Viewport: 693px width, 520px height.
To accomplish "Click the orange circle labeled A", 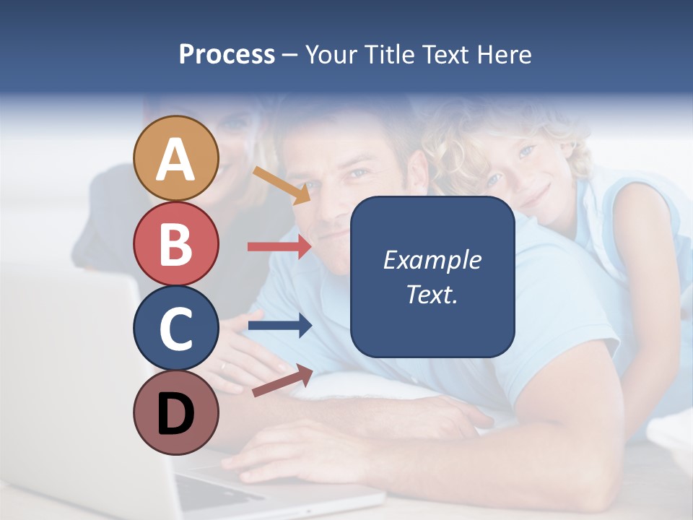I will click(x=176, y=158).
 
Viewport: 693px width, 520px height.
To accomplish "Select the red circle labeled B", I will click(x=176, y=243).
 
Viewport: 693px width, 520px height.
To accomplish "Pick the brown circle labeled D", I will click(x=176, y=412).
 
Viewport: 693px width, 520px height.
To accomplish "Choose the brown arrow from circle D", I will click(x=282, y=380).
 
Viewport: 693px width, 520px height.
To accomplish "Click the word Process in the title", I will click(x=227, y=54).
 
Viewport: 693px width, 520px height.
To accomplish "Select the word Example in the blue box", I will click(x=432, y=260).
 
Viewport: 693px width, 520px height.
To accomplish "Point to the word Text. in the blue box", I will click(x=432, y=294).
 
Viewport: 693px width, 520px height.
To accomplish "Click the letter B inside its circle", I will click(x=176, y=244).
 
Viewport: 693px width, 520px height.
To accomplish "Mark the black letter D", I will click(x=176, y=413).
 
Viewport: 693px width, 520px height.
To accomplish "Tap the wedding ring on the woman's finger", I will click(x=223, y=366).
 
